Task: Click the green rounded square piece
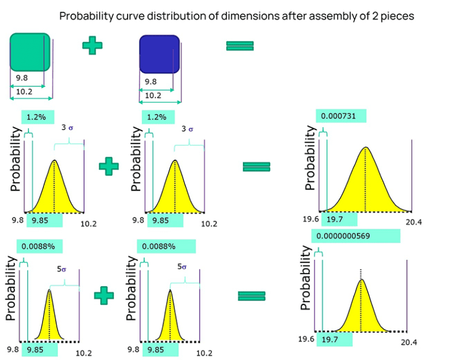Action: click(x=29, y=51)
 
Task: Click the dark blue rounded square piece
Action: click(x=158, y=54)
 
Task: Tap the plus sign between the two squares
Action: click(x=92, y=46)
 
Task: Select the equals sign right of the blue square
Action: click(x=239, y=46)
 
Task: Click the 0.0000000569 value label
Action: click(x=356, y=236)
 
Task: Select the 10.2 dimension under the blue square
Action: click(x=153, y=95)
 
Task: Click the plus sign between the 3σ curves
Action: click(x=108, y=166)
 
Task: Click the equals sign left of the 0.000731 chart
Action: click(x=257, y=167)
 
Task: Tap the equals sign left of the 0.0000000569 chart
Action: click(x=251, y=296)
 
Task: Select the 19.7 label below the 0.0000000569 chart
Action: click(x=332, y=339)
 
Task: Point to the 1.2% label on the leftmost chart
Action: click(x=38, y=117)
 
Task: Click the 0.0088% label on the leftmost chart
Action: click(x=40, y=247)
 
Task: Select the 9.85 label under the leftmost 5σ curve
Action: click(x=39, y=349)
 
